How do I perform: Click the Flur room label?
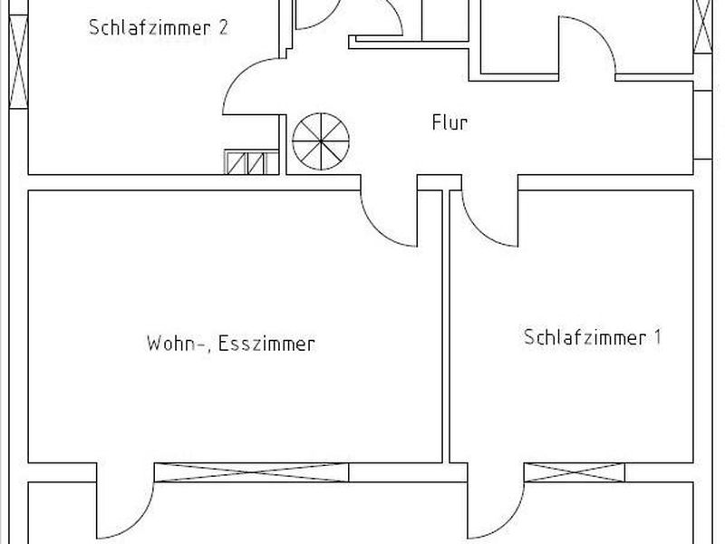point(449,122)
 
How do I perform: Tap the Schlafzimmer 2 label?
point(159,27)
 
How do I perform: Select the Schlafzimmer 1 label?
point(593,336)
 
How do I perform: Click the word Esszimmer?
point(266,344)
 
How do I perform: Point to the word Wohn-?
point(176,345)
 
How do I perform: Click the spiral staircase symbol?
point(321,141)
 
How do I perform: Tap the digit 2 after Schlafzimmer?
point(223,27)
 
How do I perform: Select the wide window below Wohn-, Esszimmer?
point(251,472)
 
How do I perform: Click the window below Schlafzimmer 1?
point(575,472)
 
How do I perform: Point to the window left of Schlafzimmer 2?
point(18,62)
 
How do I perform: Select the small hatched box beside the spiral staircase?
point(252,162)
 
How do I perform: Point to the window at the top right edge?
point(703,26)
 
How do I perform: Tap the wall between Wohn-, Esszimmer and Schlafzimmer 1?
point(446,326)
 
